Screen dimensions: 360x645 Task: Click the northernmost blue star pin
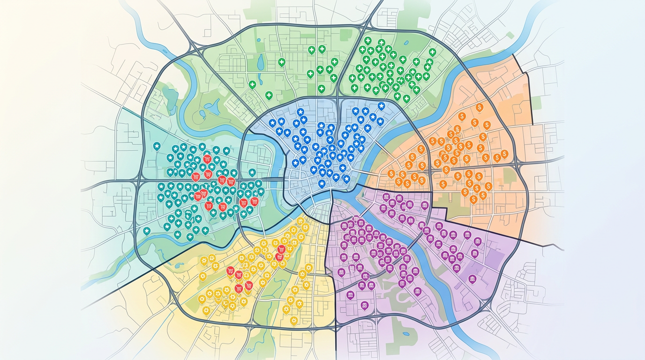(x=381, y=106)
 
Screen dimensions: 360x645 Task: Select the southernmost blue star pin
(x=322, y=183)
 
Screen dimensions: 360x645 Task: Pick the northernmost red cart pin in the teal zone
(x=207, y=158)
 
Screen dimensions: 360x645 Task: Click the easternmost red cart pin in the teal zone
(x=255, y=202)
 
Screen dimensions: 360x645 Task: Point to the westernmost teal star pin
(x=147, y=231)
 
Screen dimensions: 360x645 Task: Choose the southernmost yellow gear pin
(x=294, y=321)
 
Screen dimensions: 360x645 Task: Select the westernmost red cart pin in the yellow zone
(x=230, y=270)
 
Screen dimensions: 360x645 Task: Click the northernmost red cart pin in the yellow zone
(x=281, y=249)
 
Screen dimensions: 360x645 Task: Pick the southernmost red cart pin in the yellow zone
(x=239, y=288)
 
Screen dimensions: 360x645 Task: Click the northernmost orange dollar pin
(x=479, y=107)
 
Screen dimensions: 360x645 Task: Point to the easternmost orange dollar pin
(x=504, y=153)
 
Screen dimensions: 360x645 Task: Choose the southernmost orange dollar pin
(x=473, y=199)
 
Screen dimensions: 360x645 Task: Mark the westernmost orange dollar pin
(x=391, y=173)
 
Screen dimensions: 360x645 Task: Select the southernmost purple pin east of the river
(x=472, y=279)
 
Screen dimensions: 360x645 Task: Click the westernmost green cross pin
(x=252, y=84)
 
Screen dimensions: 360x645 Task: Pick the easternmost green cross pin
(x=432, y=52)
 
